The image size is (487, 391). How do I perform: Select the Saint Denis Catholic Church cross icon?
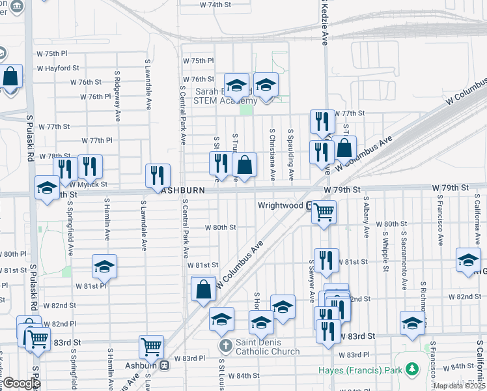point(225,345)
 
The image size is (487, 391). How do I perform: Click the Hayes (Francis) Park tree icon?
point(411,370)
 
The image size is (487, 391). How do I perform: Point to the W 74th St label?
point(215,5)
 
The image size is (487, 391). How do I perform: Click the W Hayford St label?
point(58,68)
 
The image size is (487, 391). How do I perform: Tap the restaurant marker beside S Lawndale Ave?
point(158,175)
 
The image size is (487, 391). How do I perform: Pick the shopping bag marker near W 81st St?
point(204,289)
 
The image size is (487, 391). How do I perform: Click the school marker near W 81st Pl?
point(104,266)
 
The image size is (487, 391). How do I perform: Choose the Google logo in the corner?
point(21,383)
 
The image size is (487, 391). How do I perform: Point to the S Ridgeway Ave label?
point(118,96)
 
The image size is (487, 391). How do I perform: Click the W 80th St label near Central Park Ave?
point(220,227)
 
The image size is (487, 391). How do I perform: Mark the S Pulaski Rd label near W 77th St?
point(30,139)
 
